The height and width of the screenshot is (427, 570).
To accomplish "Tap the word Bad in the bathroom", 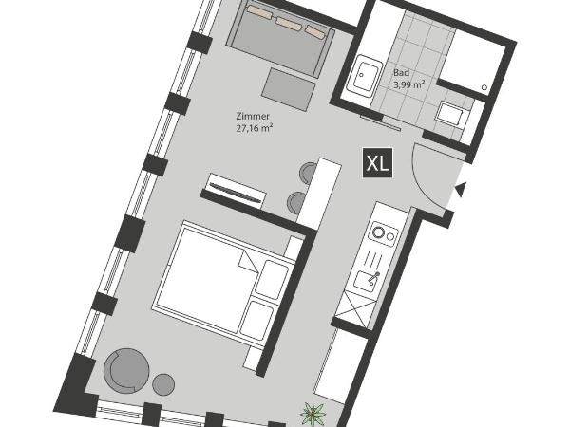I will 402,71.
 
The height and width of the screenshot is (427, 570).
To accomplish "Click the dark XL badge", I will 377,162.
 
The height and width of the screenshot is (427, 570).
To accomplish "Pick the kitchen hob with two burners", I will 384,232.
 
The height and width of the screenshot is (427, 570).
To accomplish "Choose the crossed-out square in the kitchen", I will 353,309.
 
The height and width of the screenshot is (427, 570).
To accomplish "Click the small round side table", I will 163,384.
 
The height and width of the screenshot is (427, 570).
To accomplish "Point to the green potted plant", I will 312,415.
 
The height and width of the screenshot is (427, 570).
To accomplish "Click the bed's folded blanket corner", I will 248,261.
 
